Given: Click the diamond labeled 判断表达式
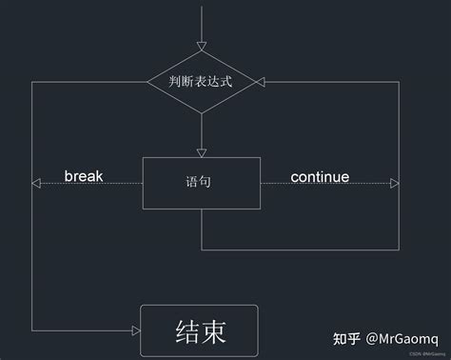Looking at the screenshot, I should click(x=201, y=82).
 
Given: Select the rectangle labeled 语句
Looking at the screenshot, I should click(x=201, y=183).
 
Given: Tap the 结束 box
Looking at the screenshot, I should click(x=201, y=332).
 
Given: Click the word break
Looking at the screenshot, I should click(x=84, y=176).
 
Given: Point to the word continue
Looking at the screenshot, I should click(x=320, y=177).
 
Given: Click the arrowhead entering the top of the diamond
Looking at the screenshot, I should click(x=201, y=46).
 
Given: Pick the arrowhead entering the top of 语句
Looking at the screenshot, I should click(x=201, y=151).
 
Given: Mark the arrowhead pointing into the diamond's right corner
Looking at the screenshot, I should click(x=259, y=82).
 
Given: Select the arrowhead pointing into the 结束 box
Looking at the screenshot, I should click(x=135, y=332).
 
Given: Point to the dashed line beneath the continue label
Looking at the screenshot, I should click(x=324, y=184).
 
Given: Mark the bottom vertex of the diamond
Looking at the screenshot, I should click(x=201, y=113).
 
